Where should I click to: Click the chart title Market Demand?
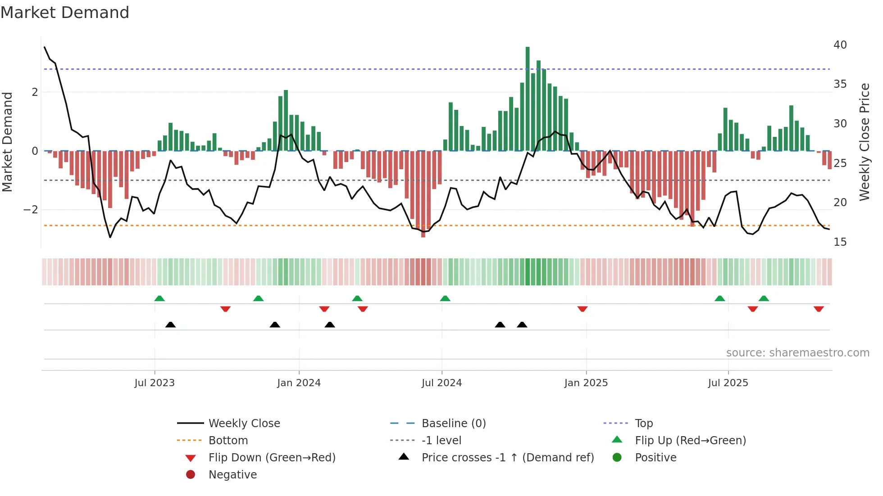point(65,13)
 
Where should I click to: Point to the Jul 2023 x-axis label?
point(155,383)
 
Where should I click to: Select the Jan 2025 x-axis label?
point(586,383)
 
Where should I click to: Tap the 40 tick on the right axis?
point(840,45)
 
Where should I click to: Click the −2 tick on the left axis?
point(31,210)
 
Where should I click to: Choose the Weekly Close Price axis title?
point(864,142)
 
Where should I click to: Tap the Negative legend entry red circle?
point(191,475)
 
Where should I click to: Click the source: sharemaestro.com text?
point(797,353)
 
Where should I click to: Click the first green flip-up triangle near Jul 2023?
point(159,298)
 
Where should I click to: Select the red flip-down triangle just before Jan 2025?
point(583,309)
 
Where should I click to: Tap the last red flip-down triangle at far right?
point(819,309)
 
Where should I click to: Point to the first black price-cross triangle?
point(170,325)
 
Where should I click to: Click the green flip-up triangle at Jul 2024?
point(445,298)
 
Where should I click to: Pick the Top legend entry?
point(643,424)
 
